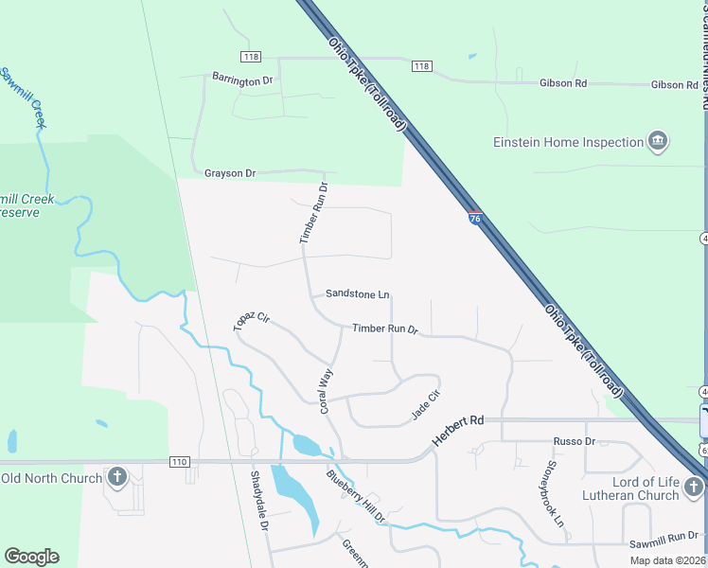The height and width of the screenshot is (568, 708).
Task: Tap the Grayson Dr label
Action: pyautogui.click(x=230, y=173)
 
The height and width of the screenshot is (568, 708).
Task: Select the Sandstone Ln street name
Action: pyautogui.click(x=357, y=294)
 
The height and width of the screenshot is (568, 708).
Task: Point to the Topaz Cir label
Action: pyautogui.click(x=251, y=321)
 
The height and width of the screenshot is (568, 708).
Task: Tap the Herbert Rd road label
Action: pyautogui.click(x=458, y=431)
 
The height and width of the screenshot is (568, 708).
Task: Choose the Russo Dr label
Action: pyautogui.click(x=574, y=441)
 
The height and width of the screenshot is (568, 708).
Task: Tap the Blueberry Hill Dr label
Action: pyautogui.click(x=356, y=497)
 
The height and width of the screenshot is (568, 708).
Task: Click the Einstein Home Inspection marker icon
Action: pyautogui.click(x=658, y=143)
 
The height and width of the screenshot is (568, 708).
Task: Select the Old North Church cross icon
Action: pyautogui.click(x=117, y=477)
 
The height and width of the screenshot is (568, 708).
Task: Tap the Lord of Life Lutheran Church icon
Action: pyautogui.click(x=694, y=488)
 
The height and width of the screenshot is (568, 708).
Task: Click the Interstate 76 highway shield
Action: pyautogui.click(x=475, y=218)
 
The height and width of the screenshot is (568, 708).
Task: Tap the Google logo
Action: pyautogui.click(x=31, y=557)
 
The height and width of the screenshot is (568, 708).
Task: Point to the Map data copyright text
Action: pyautogui.click(x=667, y=560)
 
